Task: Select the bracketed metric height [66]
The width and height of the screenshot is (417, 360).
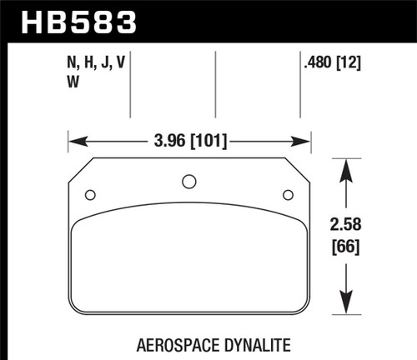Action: coord(348,247)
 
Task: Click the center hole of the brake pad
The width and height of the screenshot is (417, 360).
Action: coord(188,182)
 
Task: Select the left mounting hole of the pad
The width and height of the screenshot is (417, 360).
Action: coord(90,195)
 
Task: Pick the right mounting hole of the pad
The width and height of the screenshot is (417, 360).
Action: coord(288,195)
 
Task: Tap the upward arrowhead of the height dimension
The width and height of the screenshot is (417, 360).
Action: coord(348,167)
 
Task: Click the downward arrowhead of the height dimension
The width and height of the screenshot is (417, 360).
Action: coord(348,309)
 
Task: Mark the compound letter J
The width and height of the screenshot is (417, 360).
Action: coord(104,62)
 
